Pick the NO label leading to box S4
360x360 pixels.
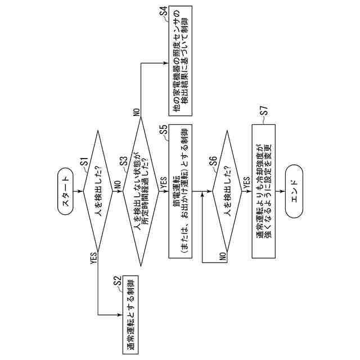coord(136,112)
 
